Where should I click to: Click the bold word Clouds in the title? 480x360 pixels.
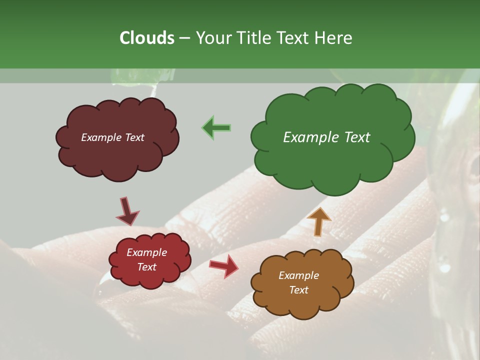tap(146, 38)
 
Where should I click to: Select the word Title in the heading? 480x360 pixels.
tap(255, 38)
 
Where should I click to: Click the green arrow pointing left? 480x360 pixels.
tap(216, 128)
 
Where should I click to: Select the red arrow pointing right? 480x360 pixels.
tap(224, 266)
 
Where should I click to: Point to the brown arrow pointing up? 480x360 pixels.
tap(318, 221)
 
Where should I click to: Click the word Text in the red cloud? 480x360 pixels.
tap(147, 267)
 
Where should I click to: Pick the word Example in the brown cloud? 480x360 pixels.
tap(298, 275)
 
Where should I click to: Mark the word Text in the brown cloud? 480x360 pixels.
tap(298, 290)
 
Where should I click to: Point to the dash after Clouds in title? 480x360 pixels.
tap(184, 38)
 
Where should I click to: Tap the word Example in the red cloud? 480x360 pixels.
tap(147, 252)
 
